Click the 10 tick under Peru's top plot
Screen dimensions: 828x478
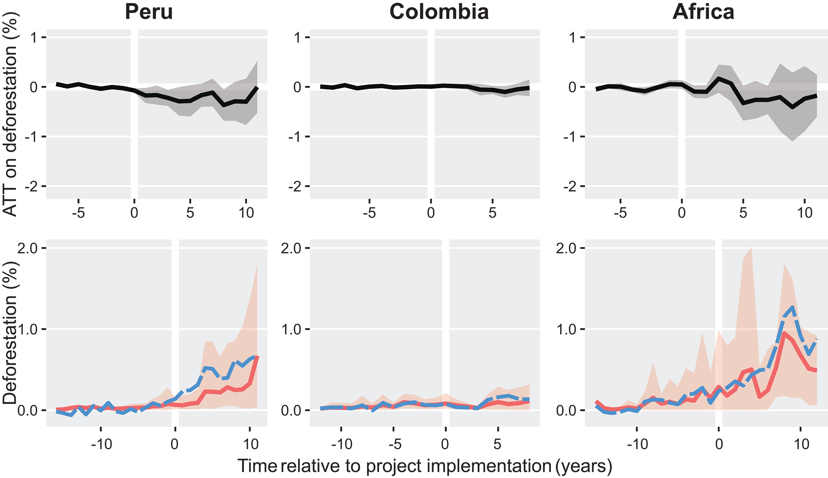click(246, 213)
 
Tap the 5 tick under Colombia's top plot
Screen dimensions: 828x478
click(492, 213)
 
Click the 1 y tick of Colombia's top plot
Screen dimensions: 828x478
click(297, 38)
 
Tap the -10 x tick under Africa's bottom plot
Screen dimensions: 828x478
click(637, 445)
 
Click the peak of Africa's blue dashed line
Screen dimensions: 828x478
click(792, 308)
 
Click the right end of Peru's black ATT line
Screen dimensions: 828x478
click(257, 88)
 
